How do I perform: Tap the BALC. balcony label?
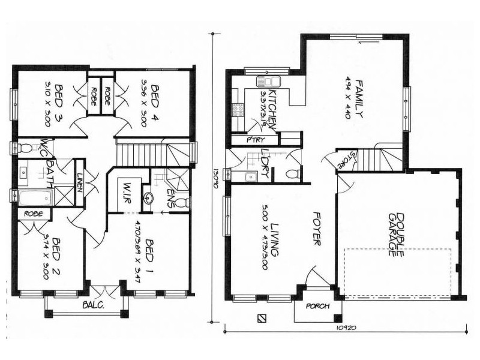tap(94, 304)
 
